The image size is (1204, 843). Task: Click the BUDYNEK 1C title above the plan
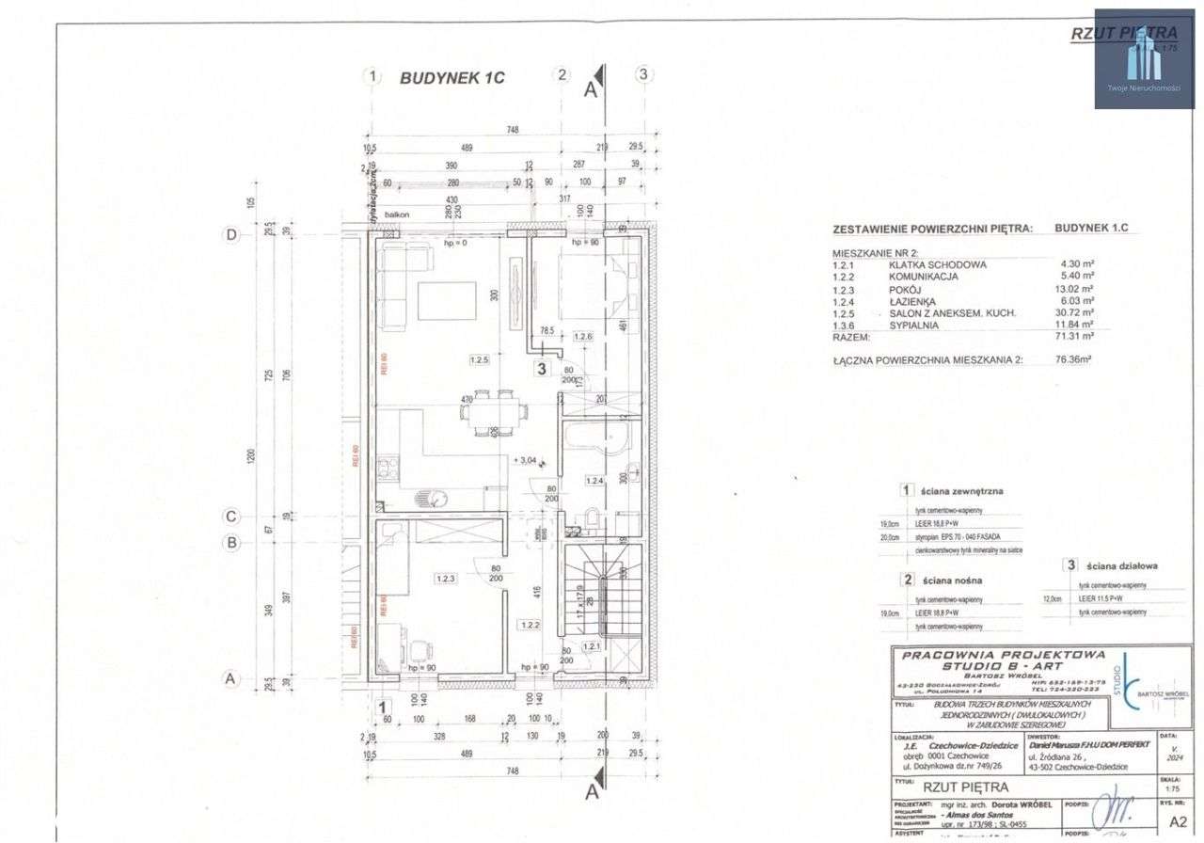(x=451, y=78)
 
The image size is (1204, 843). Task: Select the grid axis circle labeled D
(x=231, y=235)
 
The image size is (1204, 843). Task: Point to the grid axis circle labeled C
(x=231, y=516)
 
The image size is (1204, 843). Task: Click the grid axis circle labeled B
(x=231, y=542)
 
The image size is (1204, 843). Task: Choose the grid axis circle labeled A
(x=231, y=677)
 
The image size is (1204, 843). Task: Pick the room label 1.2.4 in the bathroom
(x=594, y=481)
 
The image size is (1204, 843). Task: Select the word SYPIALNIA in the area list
(x=918, y=323)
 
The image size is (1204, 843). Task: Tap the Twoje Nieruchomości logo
(x=1143, y=58)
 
